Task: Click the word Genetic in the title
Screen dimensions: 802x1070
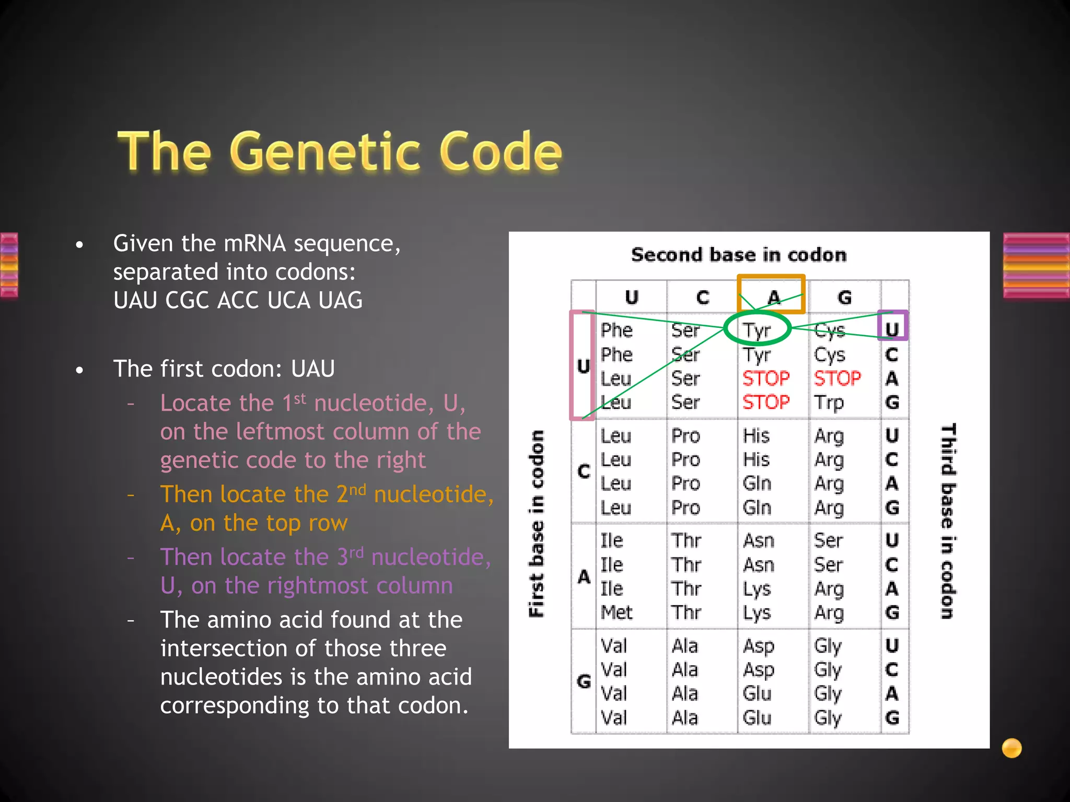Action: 324,152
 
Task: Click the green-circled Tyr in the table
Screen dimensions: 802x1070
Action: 757,330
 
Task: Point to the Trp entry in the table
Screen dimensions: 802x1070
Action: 829,403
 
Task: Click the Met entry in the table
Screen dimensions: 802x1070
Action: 617,612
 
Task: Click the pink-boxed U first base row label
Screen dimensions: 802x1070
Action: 583,366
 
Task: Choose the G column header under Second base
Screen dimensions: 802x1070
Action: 844,297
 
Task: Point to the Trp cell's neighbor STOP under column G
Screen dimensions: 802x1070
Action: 837,378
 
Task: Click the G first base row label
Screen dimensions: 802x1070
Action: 584,681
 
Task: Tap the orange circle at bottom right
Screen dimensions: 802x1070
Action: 1011,748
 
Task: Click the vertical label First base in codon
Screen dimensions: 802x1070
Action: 537,524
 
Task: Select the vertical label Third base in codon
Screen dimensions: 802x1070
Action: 948,521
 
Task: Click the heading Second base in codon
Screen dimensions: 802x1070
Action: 739,255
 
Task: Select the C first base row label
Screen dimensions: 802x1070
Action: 584,471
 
